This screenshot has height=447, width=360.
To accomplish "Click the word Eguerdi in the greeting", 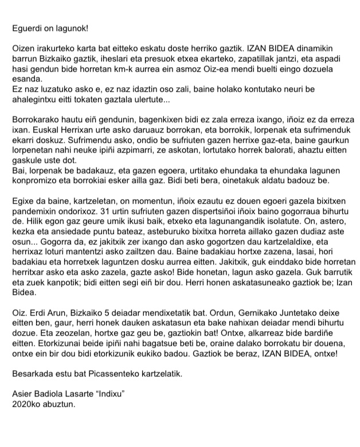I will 26,27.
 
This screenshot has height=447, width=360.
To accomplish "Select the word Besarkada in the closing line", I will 33,374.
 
